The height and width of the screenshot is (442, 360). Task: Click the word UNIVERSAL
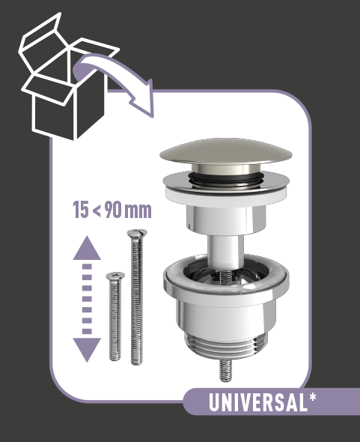[x=257, y=402]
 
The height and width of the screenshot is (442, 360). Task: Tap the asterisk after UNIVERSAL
[x=312, y=397]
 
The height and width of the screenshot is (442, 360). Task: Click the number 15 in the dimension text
[x=81, y=210]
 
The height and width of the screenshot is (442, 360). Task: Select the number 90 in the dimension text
[x=113, y=210]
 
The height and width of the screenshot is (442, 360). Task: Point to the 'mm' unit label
[x=138, y=211]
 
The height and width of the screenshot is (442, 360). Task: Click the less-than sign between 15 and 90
[x=97, y=211]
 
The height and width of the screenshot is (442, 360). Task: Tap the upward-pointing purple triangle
[x=87, y=248]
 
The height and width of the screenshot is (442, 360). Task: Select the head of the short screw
[x=115, y=276]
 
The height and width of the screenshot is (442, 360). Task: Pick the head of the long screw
[x=137, y=233]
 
